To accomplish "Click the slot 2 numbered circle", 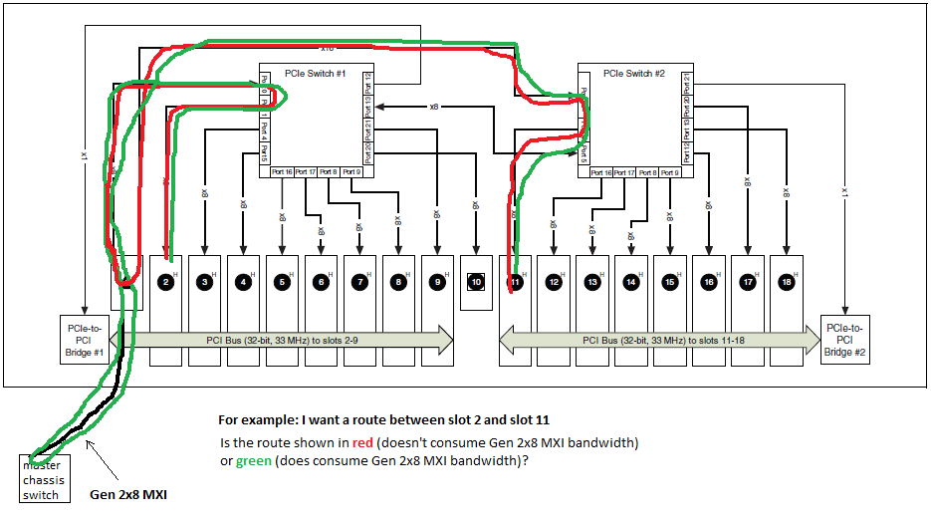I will (x=166, y=281).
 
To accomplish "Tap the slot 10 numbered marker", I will (x=477, y=281).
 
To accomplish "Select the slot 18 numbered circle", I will (x=787, y=281).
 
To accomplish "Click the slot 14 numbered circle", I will (x=631, y=281).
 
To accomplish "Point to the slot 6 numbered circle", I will (x=322, y=281).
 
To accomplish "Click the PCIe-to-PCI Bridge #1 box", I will (x=85, y=340).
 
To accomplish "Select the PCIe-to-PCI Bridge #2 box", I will (x=845, y=340).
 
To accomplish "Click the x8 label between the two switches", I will (x=434, y=106).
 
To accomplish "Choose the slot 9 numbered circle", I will (x=438, y=281).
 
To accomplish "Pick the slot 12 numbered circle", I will (x=554, y=281).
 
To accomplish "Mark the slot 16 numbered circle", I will (x=709, y=281).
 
